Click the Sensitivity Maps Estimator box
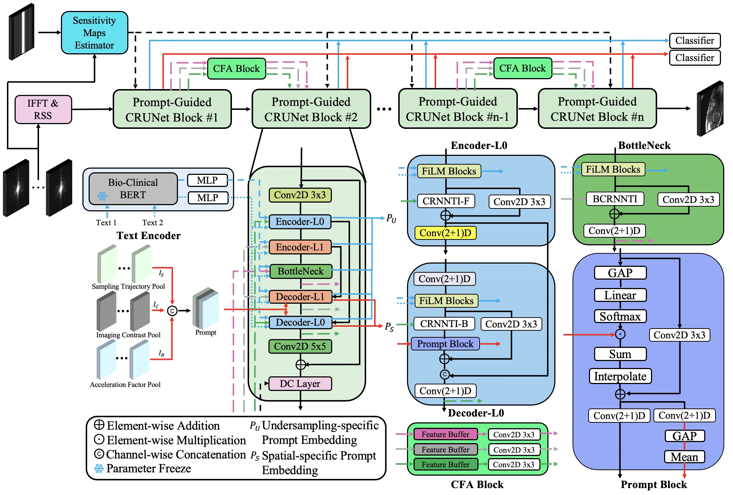pos(94,33)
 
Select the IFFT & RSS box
pos(43,110)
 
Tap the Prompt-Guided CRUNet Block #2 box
pos(311,109)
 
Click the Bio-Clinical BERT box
pos(133,189)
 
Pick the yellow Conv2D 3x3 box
pos(300,195)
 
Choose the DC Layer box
pos(300,384)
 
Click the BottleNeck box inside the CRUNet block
pos(300,271)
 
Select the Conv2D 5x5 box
pos(300,346)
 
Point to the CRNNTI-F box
pos(446,201)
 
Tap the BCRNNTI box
pos(615,199)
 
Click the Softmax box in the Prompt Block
pos(620,316)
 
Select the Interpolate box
pos(620,376)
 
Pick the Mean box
pos(684,457)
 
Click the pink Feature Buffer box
pos(445,434)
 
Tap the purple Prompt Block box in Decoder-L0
pos(445,344)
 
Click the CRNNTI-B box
pos(444,324)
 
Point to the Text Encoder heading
pos(148,236)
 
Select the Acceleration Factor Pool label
pos(125,385)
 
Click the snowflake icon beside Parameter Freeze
pos(99,469)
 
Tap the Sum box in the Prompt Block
pos(620,354)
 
